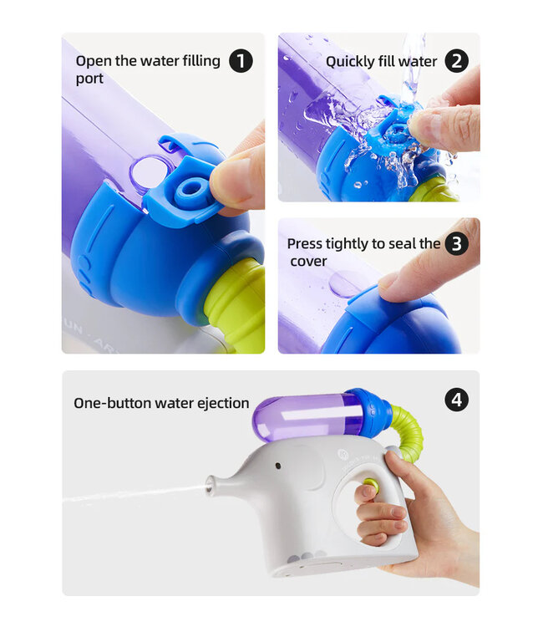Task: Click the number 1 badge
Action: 241,61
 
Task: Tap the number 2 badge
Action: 456,61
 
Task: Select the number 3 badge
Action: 456,244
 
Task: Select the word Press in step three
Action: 306,244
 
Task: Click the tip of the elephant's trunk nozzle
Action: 210,484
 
